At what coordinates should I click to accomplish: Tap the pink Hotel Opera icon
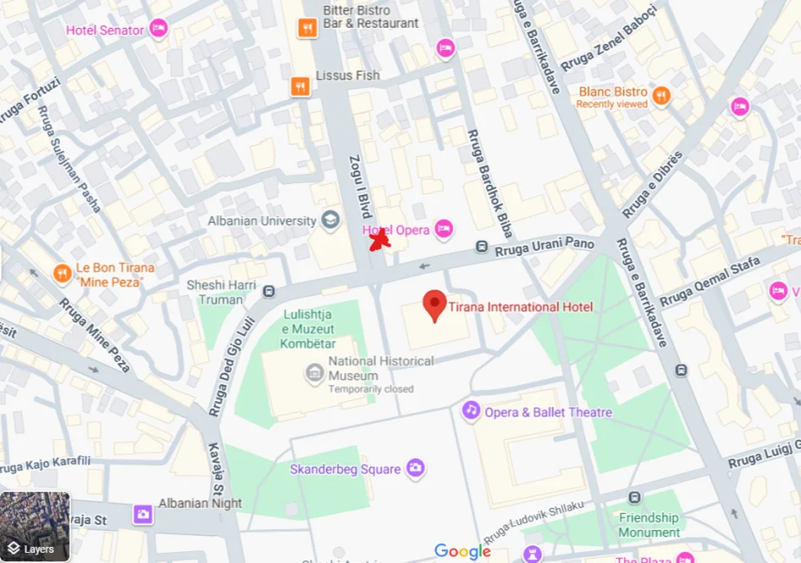444,229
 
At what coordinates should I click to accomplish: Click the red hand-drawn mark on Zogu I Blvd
380,241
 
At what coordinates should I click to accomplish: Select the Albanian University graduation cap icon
331,221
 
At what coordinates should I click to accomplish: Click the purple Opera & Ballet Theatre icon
470,411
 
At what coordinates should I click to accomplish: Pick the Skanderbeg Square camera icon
415,468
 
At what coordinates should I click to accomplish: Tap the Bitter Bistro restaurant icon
307,29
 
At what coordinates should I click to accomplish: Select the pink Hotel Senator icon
159,30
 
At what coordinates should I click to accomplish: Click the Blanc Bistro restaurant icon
662,95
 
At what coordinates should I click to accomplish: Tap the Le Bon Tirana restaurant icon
62,273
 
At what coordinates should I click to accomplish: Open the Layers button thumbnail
35,527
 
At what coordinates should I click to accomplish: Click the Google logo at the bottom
462,551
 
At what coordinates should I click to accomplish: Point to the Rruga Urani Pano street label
545,246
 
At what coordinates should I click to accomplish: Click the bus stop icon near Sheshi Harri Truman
269,292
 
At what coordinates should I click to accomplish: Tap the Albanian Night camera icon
143,513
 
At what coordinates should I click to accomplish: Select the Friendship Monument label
648,524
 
